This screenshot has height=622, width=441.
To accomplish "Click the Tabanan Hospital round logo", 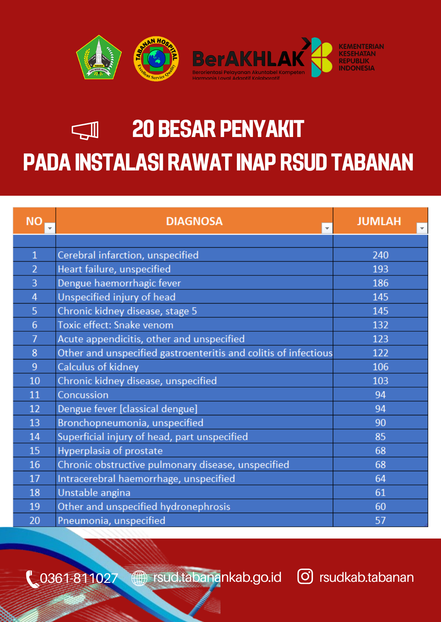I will coord(156,59).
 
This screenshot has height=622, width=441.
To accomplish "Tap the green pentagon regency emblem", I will coord(99,58).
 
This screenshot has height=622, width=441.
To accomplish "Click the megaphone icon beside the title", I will coord(85,130).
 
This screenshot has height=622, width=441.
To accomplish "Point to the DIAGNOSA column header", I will coord(194,221).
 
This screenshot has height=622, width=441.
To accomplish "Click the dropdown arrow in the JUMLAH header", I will coord(422,228).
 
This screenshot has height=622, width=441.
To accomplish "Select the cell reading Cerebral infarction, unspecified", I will coord(128,255).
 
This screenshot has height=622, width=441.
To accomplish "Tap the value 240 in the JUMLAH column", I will coord(380,255).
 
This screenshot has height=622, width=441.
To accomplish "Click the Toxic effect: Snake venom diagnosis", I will coord(116,325).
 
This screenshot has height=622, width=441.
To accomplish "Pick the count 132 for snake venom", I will coord(380,325).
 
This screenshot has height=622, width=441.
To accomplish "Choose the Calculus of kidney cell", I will coord(98,367).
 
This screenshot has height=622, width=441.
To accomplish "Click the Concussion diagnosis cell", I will coord(83,395).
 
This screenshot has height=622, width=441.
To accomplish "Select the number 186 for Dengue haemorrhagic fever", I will coord(380,283).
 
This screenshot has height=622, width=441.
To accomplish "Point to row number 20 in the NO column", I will coord(34,521).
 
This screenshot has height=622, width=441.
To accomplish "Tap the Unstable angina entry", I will coord(94,493).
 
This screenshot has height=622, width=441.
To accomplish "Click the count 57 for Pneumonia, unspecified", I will coord(380,521).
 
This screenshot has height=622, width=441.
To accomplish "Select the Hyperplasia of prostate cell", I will coord(110,451).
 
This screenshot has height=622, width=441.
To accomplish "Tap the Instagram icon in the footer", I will coord(305,576).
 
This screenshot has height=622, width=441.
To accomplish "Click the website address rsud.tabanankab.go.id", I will coord(217,577).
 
